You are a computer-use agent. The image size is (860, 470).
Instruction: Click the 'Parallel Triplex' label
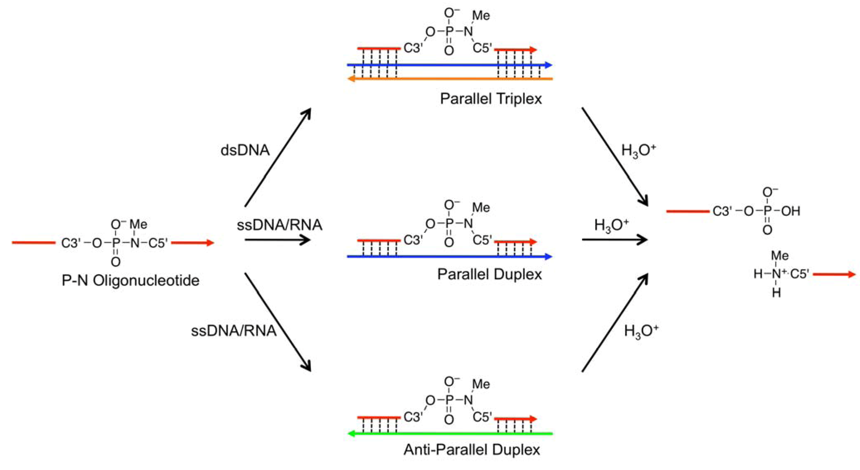[x=491, y=99]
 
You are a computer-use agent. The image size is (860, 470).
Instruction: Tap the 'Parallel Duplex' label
[x=490, y=275]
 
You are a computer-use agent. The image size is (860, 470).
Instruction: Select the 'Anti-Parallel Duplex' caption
[x=471, y=450]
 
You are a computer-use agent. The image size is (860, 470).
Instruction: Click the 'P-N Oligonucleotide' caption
[x=131, y=280]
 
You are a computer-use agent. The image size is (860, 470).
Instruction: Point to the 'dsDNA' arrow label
[x=245, y=150]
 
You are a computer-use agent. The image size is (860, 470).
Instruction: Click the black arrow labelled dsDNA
[x=278, y=157]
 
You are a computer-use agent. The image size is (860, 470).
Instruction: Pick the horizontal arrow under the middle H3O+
[x=614, y=240]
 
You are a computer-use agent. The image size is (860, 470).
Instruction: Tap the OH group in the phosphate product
[x=791, y=211]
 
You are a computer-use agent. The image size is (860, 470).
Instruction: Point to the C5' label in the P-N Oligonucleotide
[x=158, y=243]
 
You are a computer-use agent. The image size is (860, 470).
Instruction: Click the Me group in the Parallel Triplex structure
[x=481, y=15]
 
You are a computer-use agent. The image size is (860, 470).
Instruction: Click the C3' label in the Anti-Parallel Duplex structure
[x=413, y=417]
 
